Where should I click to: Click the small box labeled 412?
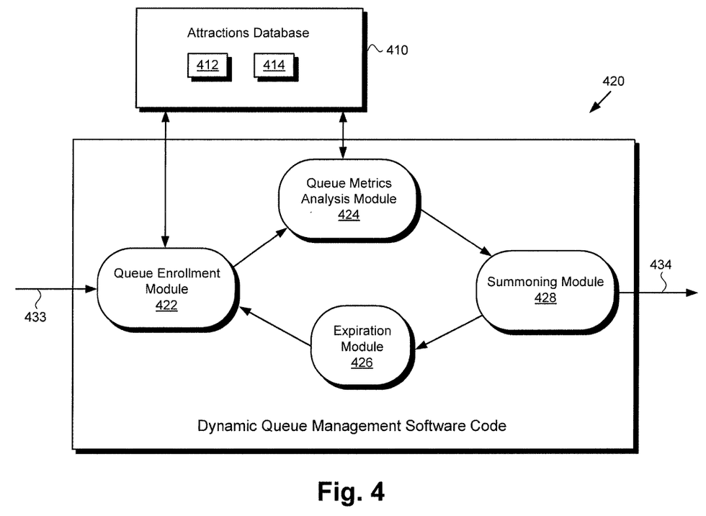tap(207, 66)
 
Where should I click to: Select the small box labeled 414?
tap(274, 66)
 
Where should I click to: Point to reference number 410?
tap(397, 50)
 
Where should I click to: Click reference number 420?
tap(613, 81)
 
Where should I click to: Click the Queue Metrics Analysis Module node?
tap(349, 200)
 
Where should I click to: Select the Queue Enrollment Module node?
tap(166, 288)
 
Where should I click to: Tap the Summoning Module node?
tap(545, 288)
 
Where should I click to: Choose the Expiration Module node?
tap(362, 347)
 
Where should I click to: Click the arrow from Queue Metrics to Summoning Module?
tap(455, 232)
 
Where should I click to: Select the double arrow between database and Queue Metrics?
tap(342, 133)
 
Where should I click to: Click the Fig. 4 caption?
tap(351, 491)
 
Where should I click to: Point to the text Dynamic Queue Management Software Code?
tap(352, 425)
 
